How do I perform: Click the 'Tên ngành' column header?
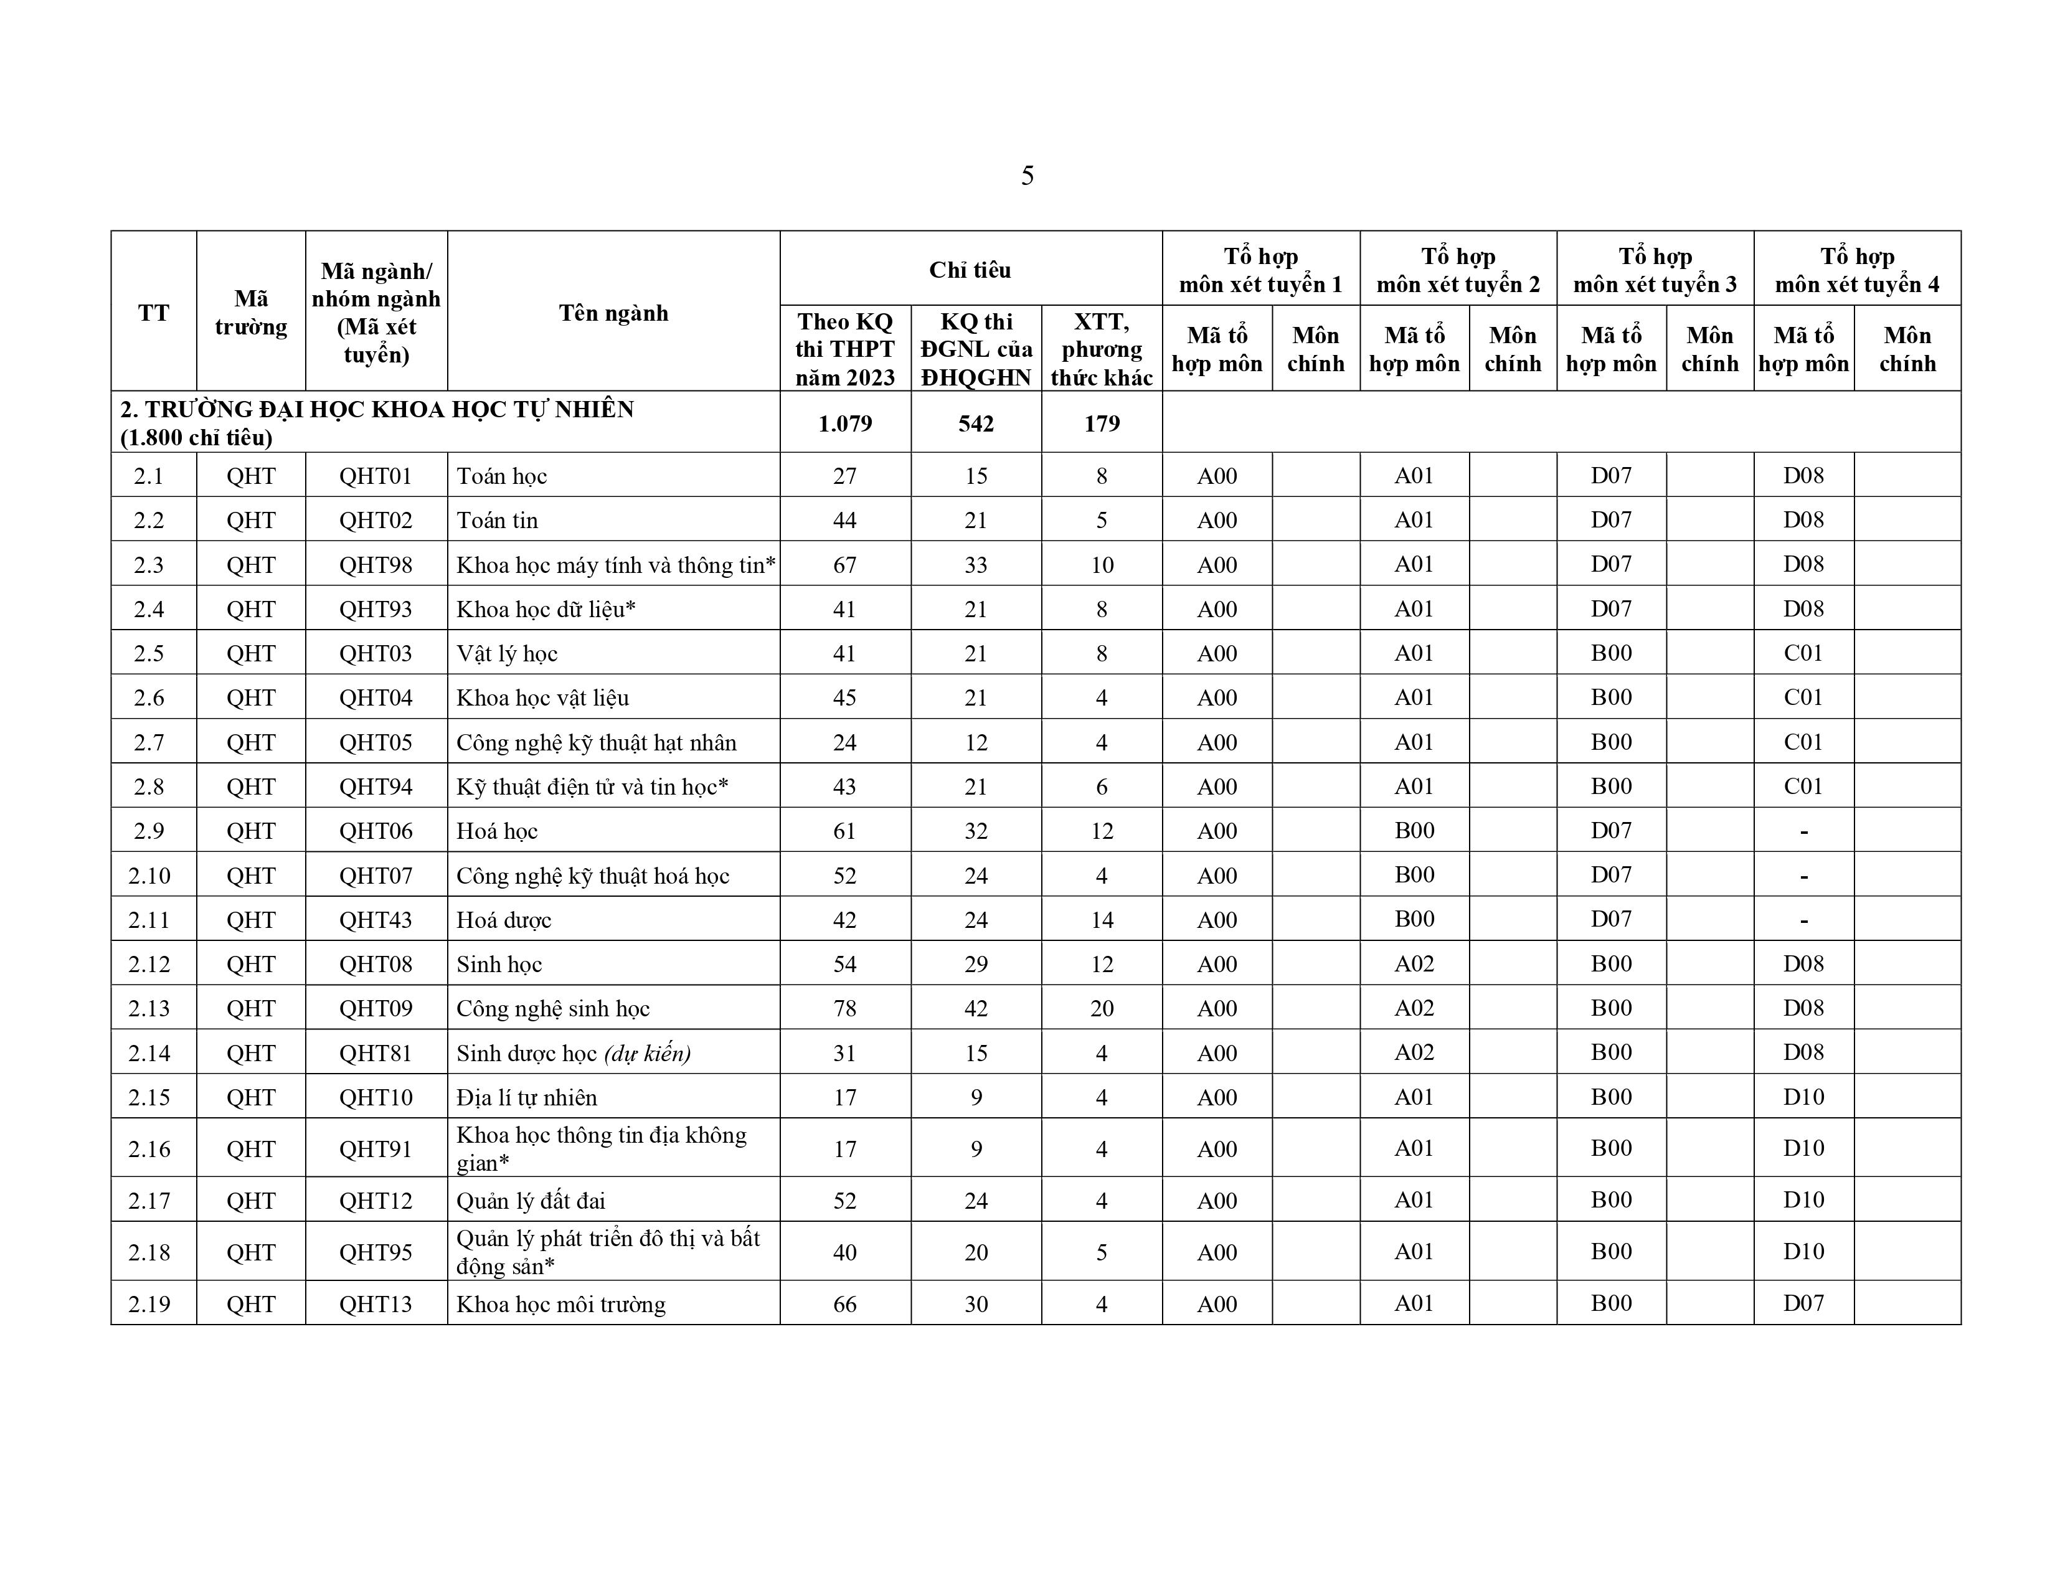pos(613,313)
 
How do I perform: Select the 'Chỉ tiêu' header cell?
pos(970,270)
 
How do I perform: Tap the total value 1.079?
pos(845,423)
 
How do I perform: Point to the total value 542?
pos(976,423)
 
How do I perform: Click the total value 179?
pos(1101,423)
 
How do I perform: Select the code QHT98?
pos(376,564)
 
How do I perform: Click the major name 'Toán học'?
pos(501,476)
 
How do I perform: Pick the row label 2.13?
pos(149,1008)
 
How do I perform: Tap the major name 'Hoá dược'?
pos(503,920)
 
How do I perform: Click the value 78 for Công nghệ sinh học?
pos(845,1008)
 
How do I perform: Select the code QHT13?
pos(376,1304)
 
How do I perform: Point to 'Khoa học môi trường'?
pos(561,1304)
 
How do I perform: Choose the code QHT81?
pos(376,1052)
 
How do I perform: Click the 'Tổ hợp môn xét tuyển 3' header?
pos(1655,270)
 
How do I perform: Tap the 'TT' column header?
pos(153,313)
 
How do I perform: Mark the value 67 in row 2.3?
pos(845,564)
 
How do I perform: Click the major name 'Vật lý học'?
pos(507,654)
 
